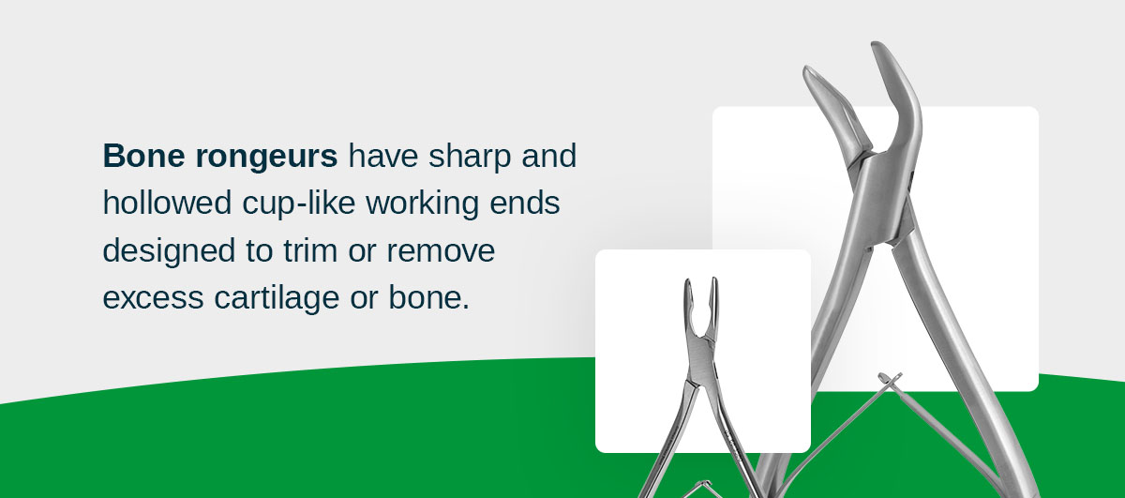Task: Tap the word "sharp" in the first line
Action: click(469, 156)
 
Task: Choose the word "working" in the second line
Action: click(430, 204)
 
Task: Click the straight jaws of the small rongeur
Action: click(700, 305)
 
